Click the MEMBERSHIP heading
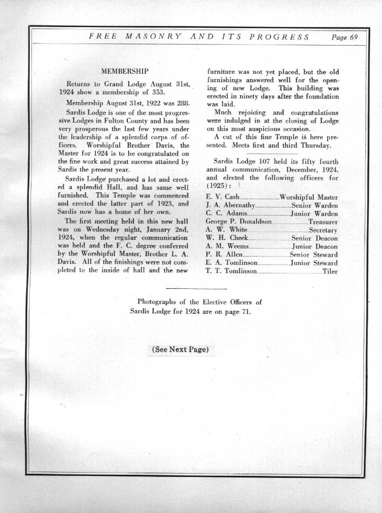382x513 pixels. (124, 71)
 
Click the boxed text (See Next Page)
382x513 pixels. (179, 350)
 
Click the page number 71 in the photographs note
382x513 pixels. (242, 311)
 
